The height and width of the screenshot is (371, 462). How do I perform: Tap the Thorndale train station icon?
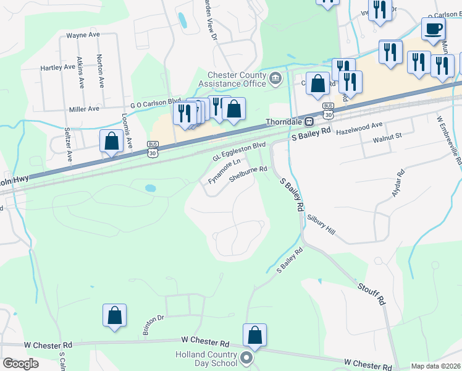[309, 121]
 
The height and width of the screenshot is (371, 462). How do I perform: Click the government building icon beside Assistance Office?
[275, 79]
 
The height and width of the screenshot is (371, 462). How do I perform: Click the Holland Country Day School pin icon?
[247, 359]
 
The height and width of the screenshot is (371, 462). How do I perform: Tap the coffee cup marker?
[434, 28]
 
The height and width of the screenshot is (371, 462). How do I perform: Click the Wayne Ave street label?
[83, 36]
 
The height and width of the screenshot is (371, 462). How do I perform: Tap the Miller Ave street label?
[85, 109]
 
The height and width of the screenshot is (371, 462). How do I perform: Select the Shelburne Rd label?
[248, 173]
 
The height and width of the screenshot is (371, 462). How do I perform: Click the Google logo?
[21, 364]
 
